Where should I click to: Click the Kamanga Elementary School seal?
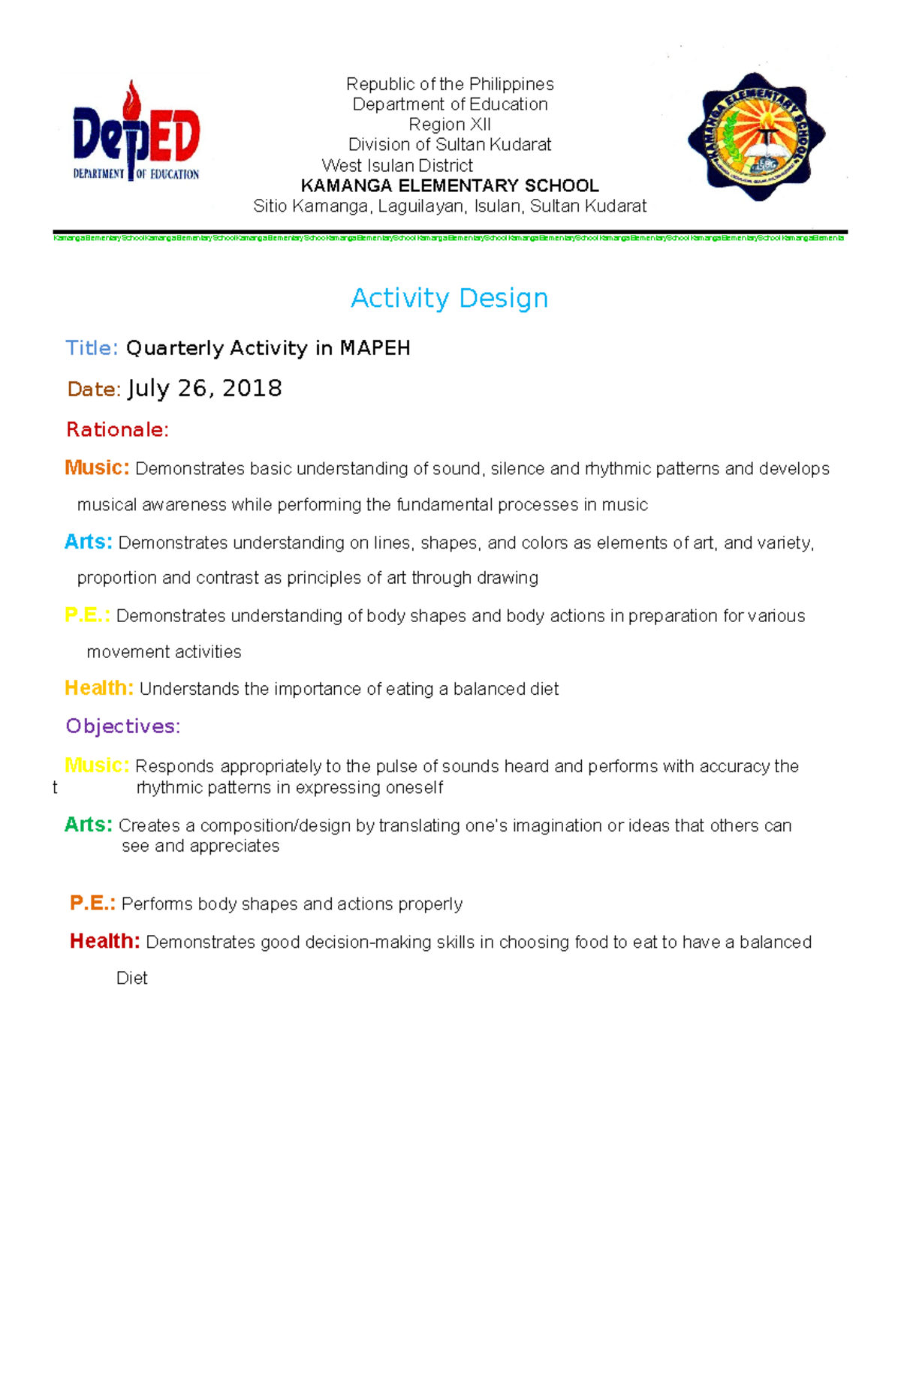tap(757, 137)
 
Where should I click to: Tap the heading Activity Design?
tap(449, 298)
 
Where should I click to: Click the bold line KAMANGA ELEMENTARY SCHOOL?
tap(449, 185)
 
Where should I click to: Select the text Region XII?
tap(449, 125)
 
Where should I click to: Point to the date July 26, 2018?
tap(204, 389)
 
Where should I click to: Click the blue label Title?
tap(92, 348)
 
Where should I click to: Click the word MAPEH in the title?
tap(375, 348)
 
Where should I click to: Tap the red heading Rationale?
tap(117, 430)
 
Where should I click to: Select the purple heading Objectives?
tap(122, 726)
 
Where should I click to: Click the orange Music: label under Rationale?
tap(97, 468)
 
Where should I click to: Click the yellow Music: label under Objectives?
tap(97, 765)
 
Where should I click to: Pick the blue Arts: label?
tap(89, 542)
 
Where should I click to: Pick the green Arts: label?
tap(89, 825)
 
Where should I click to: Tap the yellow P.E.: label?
tap(87, 615)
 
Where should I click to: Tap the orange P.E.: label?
tap(92, 903)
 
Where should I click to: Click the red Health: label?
tap(104, 941)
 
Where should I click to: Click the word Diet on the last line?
tap(131, 978)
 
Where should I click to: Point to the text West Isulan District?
tap(397, 165)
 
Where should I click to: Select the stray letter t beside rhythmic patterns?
tap(55, 788)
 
